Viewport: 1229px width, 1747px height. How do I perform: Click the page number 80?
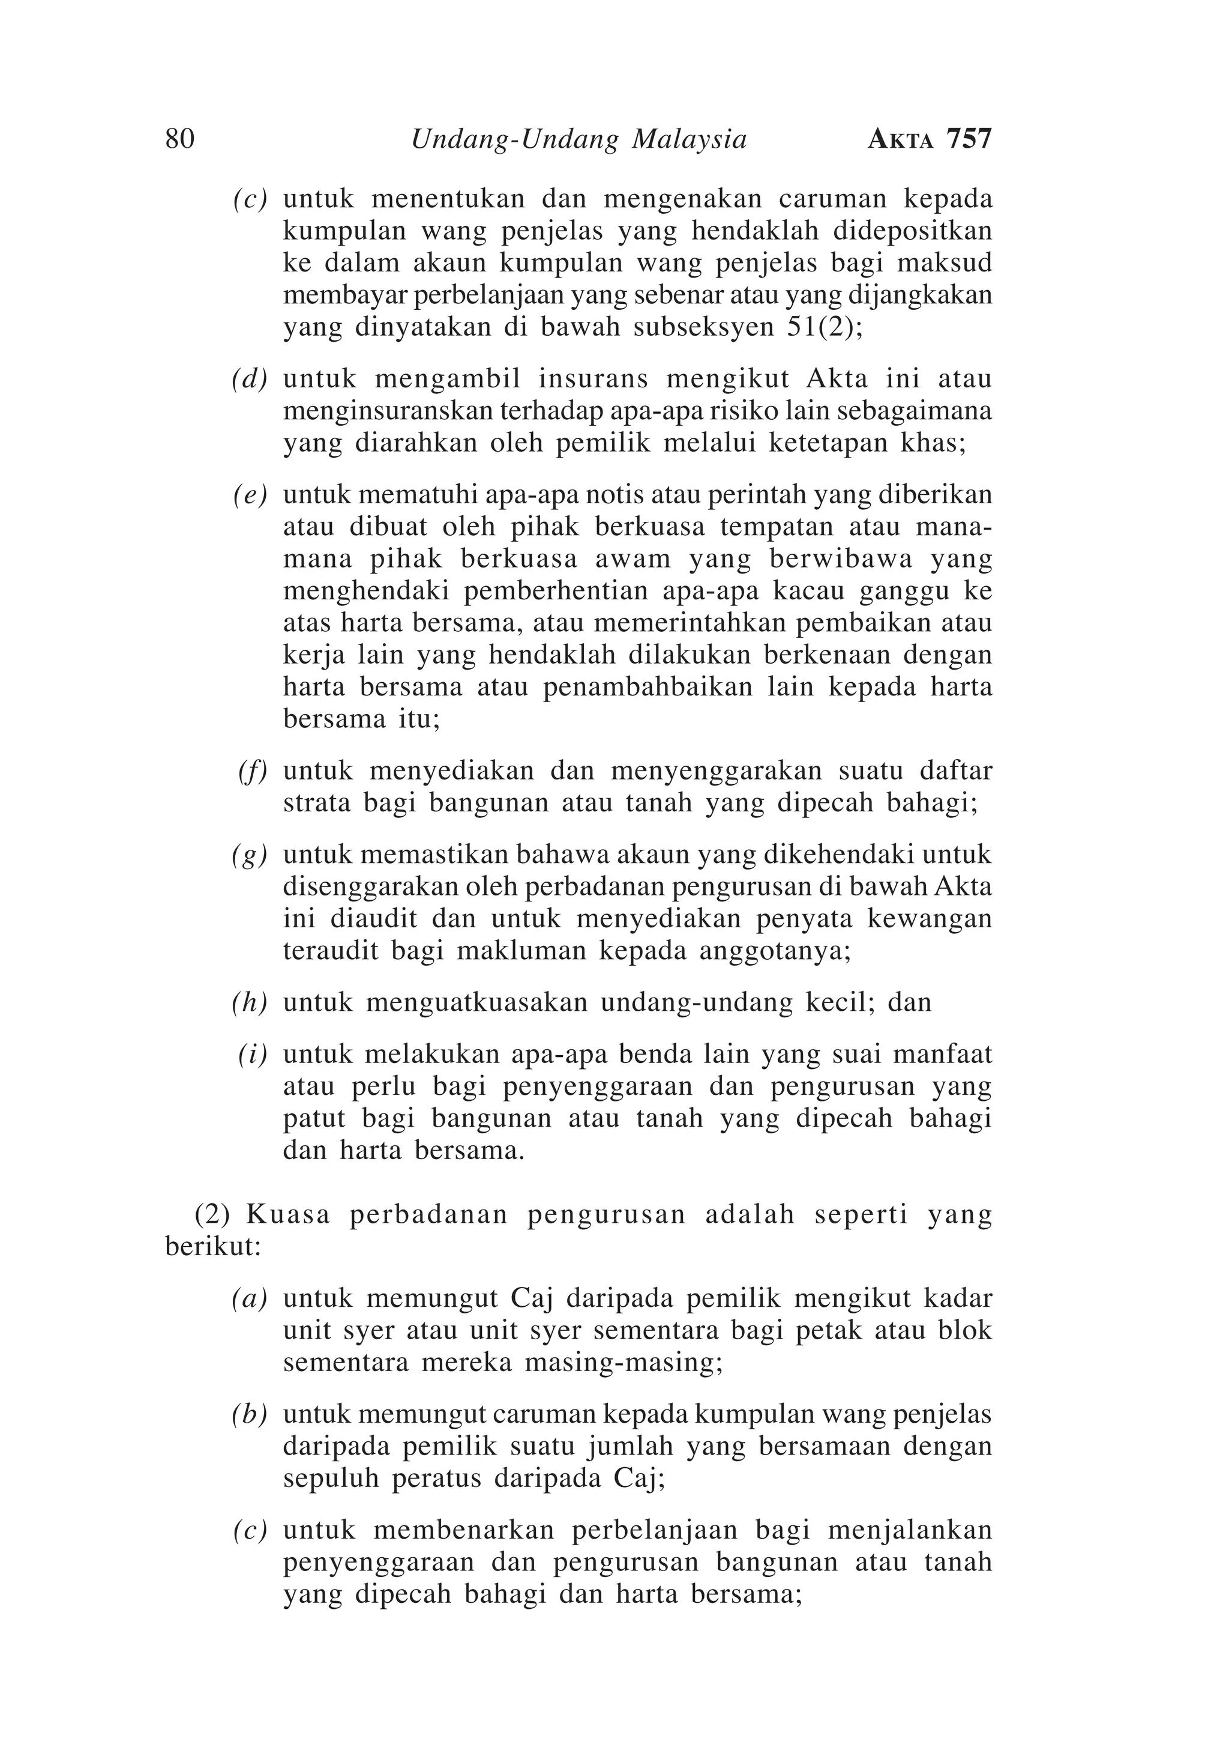pyautogui.click(x=179, y=139)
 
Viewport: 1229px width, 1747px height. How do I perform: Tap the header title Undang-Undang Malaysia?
pyautogui.click(x=578, y=140)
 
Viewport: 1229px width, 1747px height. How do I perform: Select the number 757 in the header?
pyautogui.click(x=969, y=139)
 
